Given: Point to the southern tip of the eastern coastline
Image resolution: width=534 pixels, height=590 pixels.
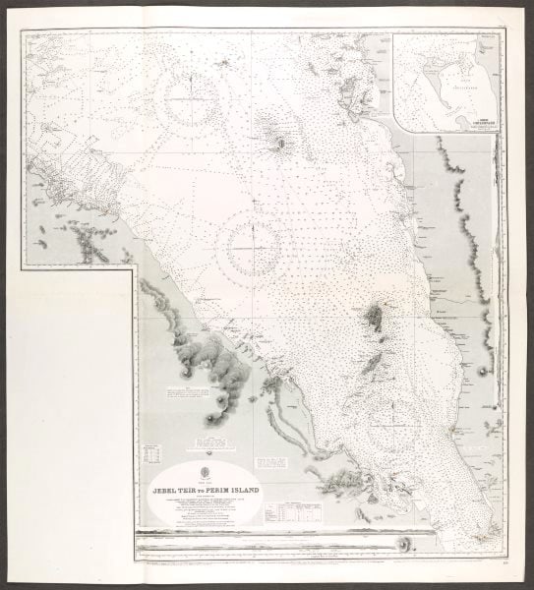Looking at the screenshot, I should coord(487,537).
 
